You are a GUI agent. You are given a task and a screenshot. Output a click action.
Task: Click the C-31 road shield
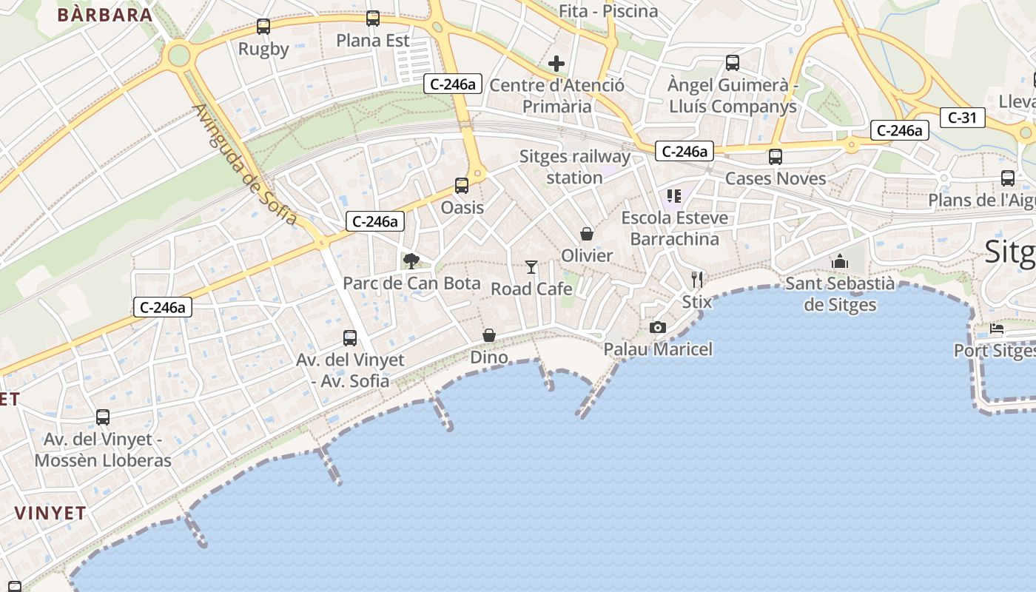[x=963, y=117]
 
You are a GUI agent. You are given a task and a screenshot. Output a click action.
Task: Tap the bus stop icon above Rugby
[x=263, y=27]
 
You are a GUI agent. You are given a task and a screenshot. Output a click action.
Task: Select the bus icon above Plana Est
[x=373, y=18]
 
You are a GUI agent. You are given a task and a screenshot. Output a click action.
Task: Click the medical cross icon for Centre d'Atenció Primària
[x=556, y=64]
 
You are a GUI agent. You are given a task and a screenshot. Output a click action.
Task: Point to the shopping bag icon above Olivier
[x=587, y=234]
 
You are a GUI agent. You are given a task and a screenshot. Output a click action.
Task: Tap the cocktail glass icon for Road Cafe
[x=531, y=266]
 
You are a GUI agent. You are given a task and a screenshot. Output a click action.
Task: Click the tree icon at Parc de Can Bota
[x=411, y=260]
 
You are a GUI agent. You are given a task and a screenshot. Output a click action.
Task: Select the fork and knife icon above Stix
[x=696, y=279]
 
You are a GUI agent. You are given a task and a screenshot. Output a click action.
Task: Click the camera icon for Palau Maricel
[x=657, y=327]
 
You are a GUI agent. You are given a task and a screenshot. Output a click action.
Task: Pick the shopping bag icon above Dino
[x=489, y=335]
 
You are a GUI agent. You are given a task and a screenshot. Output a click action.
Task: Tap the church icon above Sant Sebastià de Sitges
[x=839, y=261]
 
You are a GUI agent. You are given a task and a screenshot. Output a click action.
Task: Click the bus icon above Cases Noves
[x=775, y=157]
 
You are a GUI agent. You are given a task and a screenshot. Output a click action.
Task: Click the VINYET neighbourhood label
[x=50, y=513]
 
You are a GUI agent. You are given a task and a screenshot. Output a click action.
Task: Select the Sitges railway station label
[x=575, y=167]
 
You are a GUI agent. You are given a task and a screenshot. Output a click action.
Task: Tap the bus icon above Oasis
[x=462, y=186]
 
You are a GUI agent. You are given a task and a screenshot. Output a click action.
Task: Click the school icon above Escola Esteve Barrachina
[x=673, y=196]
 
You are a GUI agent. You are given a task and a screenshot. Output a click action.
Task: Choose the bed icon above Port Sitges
[x=996, y=329]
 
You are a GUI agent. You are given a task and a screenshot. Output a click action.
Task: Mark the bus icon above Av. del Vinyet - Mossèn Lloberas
[x=103, y=417]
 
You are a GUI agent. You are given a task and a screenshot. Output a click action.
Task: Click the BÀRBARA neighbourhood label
[x=104, y=14]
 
